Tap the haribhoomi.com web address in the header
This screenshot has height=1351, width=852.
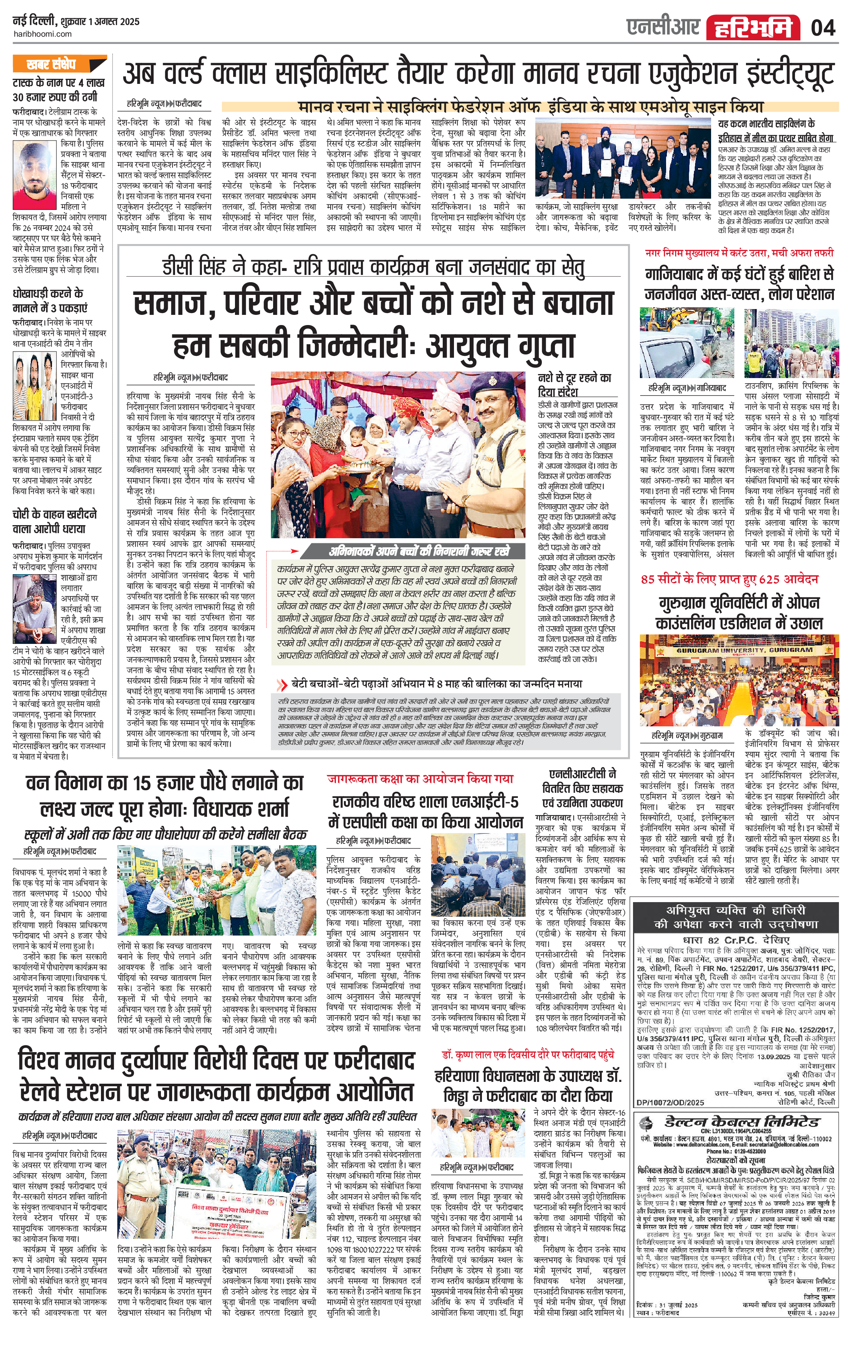(x=42, y=34)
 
